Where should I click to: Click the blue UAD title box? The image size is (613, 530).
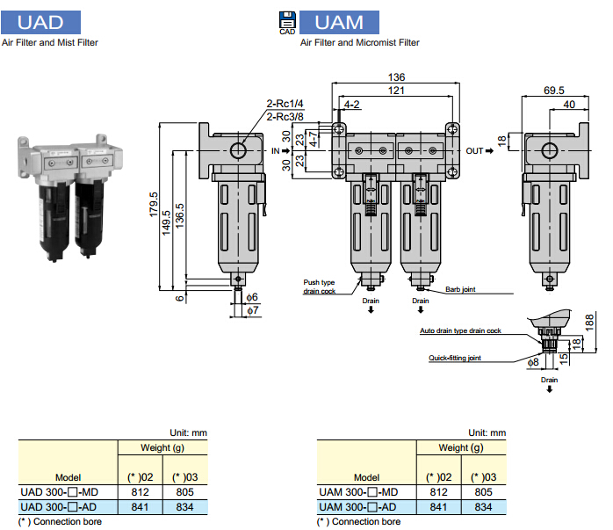pos(41,21)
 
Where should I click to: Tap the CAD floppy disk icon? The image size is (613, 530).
pos(286,19)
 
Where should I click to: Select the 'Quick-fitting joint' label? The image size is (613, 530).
pos(455,358)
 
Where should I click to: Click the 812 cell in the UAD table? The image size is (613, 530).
pos(144,493)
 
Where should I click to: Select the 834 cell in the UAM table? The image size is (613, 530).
pos(484,507)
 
